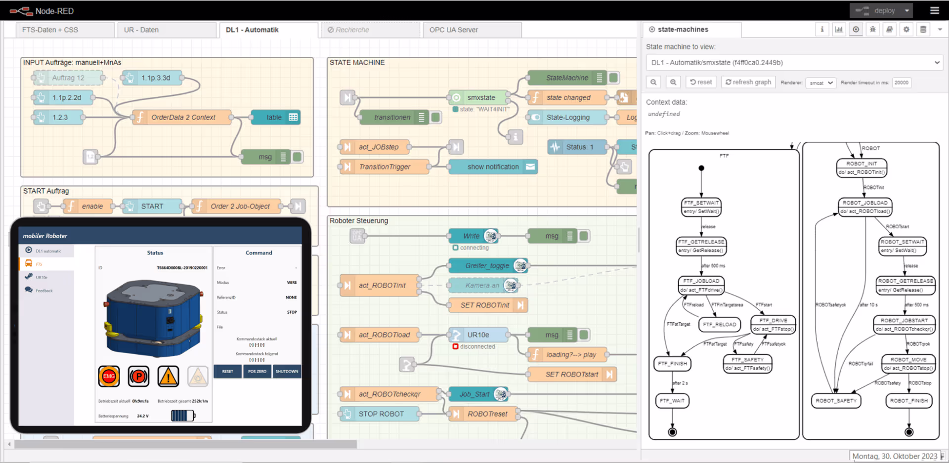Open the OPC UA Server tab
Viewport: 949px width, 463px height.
point(453,30)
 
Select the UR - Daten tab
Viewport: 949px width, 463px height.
point(141,30)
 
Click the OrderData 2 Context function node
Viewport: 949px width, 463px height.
point(182,117)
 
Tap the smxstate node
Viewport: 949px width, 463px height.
point(480,97)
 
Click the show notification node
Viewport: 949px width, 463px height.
point(492,167)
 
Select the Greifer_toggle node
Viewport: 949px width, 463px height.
point(487,265)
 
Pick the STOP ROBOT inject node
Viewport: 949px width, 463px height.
point(380,414)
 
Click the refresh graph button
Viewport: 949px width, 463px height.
point(748,82)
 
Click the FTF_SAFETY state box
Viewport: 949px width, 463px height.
point(747,364)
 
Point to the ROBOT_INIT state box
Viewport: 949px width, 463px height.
point(862,168)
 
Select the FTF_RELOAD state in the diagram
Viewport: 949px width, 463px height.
point(719,324)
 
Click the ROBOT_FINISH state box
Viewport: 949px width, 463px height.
point(908,401)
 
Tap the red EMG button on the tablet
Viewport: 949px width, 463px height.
point(109,376)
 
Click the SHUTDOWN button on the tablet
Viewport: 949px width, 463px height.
point(287,371)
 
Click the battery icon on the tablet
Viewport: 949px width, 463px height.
point(183,416)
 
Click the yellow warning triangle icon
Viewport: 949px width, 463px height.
point(168,377)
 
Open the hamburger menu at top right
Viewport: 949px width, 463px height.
point(934,10)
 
